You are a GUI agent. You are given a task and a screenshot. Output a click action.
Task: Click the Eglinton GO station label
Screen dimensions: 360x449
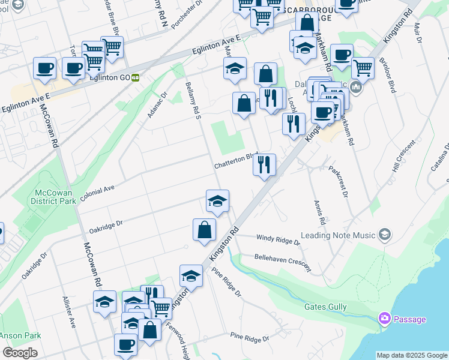pos(109,77)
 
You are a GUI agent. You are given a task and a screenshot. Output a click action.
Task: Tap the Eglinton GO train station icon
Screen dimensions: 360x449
pos(136,77)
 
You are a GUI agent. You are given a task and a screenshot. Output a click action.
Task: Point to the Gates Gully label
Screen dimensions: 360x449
pos(326,307)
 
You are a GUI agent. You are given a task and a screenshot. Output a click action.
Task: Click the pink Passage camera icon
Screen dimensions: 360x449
pos(384,319)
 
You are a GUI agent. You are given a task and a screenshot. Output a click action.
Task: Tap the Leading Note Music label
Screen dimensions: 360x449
pos(339,235)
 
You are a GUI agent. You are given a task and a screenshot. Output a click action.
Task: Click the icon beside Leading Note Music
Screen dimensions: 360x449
pos(384,235)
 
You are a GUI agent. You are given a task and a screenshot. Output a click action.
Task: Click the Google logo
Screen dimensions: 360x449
pos(20,353)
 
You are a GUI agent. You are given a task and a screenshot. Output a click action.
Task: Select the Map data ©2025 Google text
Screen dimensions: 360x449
pos(412,355)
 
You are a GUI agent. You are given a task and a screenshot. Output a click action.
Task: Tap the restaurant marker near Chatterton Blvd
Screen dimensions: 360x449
pos(264,164)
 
